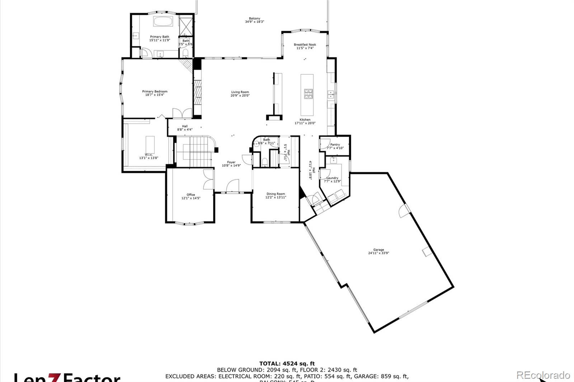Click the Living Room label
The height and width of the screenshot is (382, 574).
click(240, 92)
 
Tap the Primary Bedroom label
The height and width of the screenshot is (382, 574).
click(155, 91)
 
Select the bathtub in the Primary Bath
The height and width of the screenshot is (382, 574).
click(163, 21)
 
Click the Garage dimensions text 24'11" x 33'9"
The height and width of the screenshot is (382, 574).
click(378, 253)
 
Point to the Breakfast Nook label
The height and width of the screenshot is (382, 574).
click(305, 45)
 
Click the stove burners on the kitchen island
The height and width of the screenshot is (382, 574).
click(308, 94)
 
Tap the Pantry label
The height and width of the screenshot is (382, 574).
click(335, 145)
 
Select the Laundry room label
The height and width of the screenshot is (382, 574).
click(332, 178)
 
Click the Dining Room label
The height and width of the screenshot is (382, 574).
click(276, 194)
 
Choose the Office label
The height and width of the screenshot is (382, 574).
click(190, 195)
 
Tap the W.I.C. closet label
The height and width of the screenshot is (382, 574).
click(149, 155)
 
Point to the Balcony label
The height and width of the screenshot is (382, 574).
click(254, 19)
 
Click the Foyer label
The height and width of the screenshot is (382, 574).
click(231, 162)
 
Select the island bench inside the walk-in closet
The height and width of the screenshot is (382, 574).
click(150, 144)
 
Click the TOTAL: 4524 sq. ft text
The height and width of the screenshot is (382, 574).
click(287, 363)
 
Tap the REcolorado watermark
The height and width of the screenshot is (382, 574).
click(543, 375)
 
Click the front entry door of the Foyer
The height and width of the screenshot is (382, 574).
click(232, 186)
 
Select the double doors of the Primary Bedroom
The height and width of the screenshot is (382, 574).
click(182, 113)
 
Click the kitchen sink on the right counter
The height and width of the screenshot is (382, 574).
click(331, 94)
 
